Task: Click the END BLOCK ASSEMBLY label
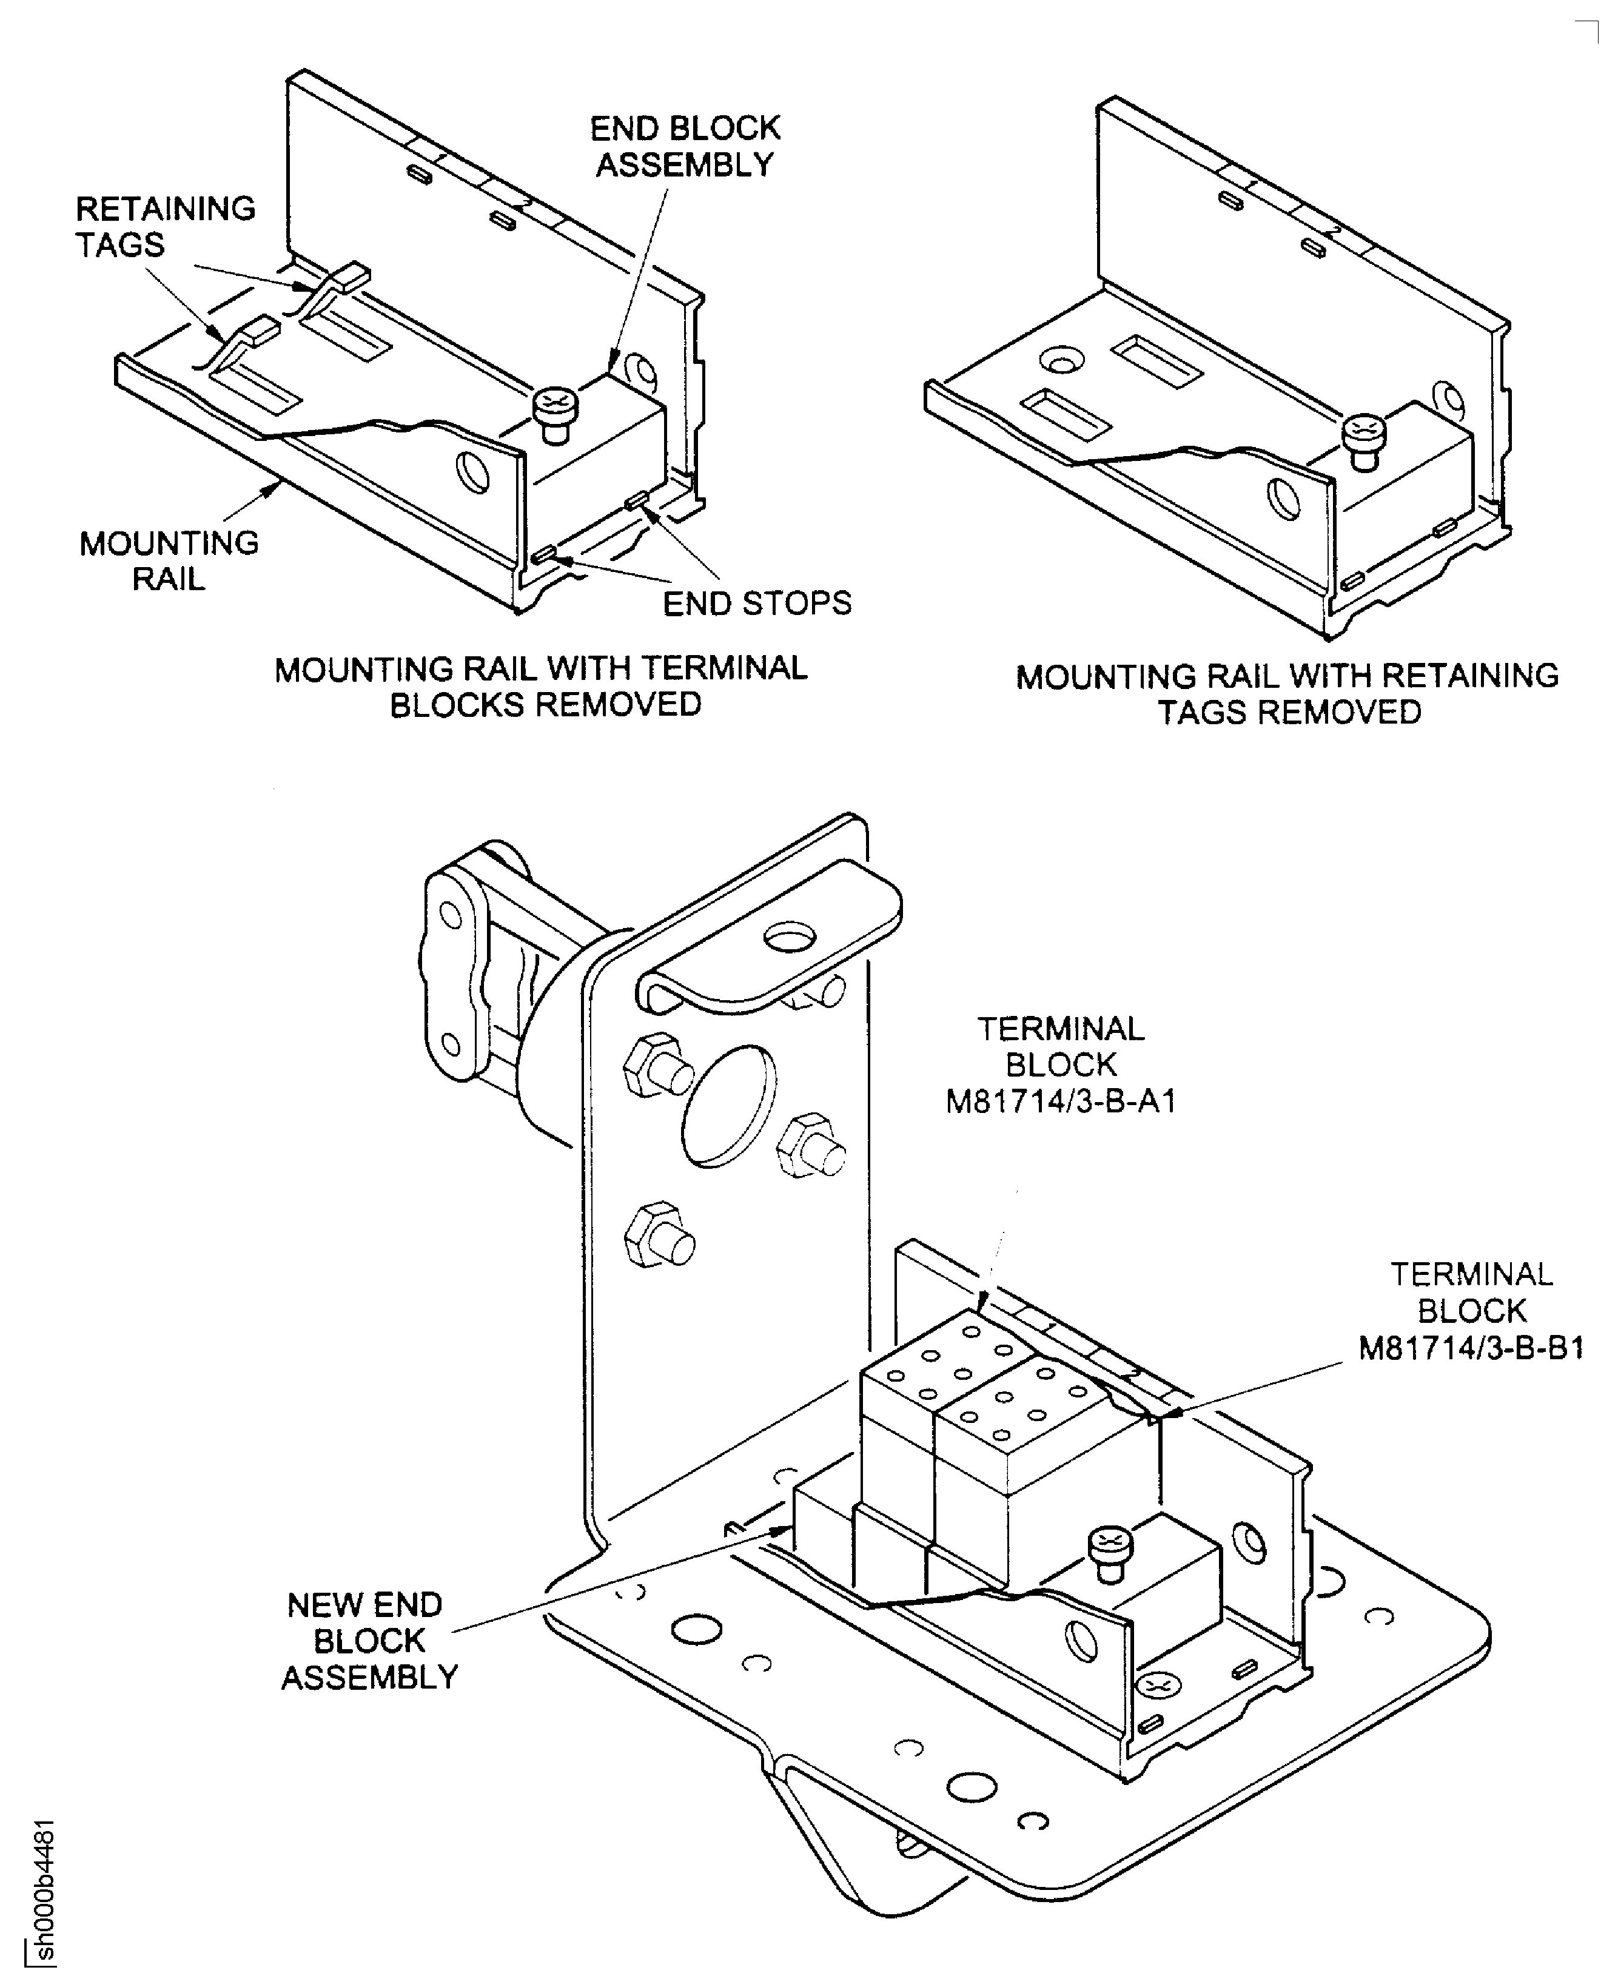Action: (x=685, y=146)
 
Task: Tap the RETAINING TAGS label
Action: (x=165, y=226)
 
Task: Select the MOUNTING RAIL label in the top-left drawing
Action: (x=169, y=560)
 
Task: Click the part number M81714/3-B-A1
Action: (x=1061, y=1101)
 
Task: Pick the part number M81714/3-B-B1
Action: (x=1471, y=1348)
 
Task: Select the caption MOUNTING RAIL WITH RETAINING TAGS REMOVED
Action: (x=1287, y=693)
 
